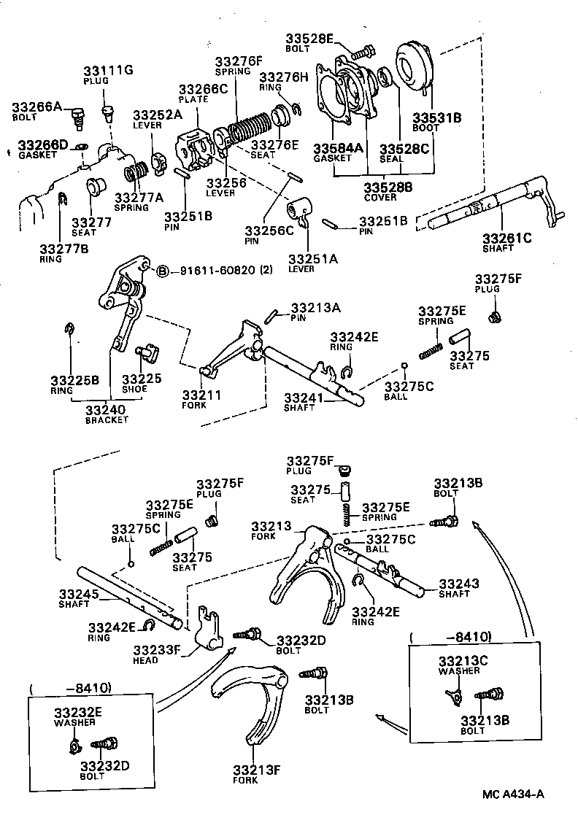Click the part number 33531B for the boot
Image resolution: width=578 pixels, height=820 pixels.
click(x=437, y=117)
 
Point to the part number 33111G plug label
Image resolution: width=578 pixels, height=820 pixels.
click(x=107, y=71)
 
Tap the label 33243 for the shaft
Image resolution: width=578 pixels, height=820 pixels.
click(x=459, y=584)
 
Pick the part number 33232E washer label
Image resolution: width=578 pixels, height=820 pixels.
click(x=77, y=712)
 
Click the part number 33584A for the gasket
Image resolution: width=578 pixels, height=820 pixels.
click(x=339, y=149)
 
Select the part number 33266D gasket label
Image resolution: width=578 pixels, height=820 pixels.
click(x=43, y=145)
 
